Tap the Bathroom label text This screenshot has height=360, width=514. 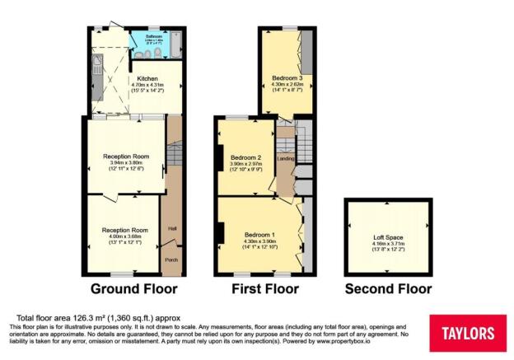pos(131,37)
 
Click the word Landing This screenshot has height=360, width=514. pos(285,158)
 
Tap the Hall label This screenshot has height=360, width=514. pos(172,228)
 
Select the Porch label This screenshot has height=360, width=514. pos(171,259)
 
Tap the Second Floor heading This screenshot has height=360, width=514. pos(387,289)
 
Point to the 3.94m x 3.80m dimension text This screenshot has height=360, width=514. pos(125,162)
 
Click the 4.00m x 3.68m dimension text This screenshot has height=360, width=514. pos(125,236)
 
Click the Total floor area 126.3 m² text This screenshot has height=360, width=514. pos(99,318)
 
